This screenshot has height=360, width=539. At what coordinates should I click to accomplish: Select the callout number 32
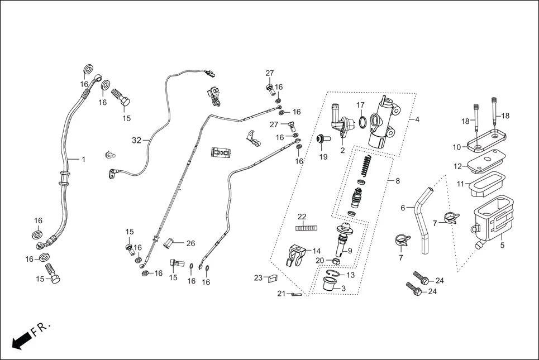pos(136,140)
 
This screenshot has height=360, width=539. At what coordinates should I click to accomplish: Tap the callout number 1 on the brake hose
pos(83,160)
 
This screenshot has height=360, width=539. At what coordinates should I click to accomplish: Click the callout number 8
pos(397,181)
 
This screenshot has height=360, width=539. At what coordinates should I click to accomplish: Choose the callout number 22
pos(302,217)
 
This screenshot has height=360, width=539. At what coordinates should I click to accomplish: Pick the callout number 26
pos(190,243)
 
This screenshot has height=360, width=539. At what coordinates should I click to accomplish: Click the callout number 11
pos(461,184)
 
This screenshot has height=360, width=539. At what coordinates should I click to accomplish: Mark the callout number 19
pos(323,157)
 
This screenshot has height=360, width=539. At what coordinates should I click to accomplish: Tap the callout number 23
pos(258,278)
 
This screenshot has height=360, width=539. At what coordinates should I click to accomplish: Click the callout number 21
pos(281,294)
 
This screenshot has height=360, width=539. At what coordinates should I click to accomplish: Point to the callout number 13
pos(350,275)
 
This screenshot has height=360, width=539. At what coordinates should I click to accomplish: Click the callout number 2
pos(342,150)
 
